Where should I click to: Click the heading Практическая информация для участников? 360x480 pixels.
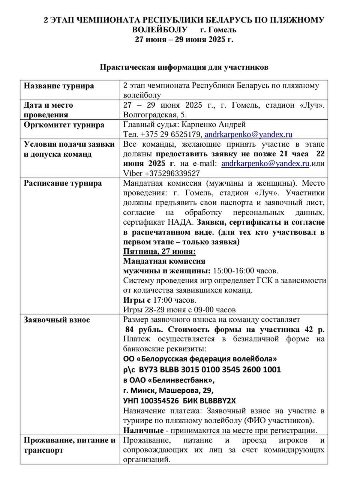[x=184, y=67]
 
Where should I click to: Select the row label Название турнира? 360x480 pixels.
[x=59, y=86]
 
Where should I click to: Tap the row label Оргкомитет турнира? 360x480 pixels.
[x=64, y=125]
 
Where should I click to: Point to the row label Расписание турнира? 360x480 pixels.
[x=63, y=183]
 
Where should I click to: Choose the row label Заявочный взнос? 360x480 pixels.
[x=57, y=320]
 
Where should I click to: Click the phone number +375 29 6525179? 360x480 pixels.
[x=170, y=135]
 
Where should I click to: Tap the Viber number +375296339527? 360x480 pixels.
[x=172, y=174]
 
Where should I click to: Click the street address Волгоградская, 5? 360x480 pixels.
[x=155, y=115]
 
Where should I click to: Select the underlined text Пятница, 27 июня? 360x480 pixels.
[x=159, y=252]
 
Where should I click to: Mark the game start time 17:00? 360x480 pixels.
[x=163, y=300]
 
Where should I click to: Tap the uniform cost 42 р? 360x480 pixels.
[x=315, y=330]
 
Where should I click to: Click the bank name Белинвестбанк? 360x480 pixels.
[x=177, y=380]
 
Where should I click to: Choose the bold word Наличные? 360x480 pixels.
[x=143, y=430]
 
